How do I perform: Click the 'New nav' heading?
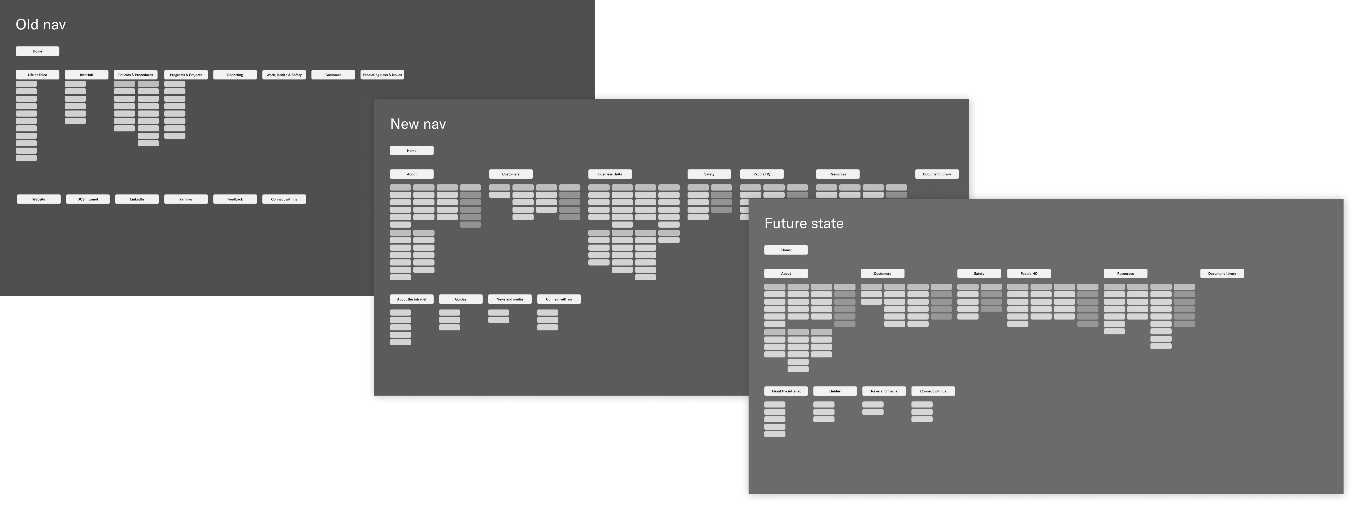click(x=418, y=124)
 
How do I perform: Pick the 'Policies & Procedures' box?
click(x=136, y=75)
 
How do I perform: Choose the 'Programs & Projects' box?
click(x=186, y=75)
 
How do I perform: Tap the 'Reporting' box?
click(x=235, y=75)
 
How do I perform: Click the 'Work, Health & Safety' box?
click(x=284, y=75)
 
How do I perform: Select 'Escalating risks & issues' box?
click(x=382, y=75)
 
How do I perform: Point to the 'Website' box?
click(x=38, y=199)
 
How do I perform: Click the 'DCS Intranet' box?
click(x=88, y=199)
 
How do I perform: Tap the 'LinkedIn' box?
click(x=137, y=199)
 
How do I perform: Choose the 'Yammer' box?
click(x=186, y=199)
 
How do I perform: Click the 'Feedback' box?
click(x=235, y=199)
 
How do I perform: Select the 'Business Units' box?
click(x=610, y=174)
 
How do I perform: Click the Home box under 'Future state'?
click(x=786, y=250)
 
